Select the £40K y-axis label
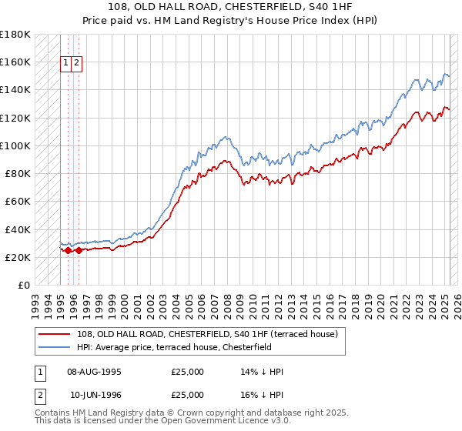click(18, 229)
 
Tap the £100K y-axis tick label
click(15, 145)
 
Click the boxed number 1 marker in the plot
click(66, 63)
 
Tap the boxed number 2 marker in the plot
click(78, 63)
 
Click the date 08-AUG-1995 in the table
click(94, 372)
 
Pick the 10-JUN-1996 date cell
click(95, 396)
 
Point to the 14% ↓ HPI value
click(262, 372)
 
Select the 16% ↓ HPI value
click(262, 396)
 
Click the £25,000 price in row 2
click(188, 396)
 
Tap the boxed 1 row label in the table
click(38, 372)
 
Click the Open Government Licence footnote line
click(163, 423)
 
